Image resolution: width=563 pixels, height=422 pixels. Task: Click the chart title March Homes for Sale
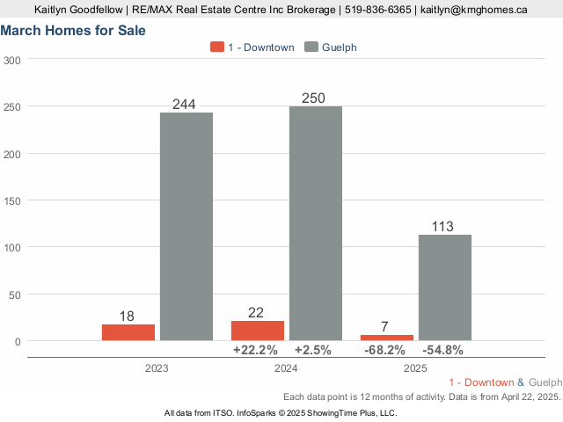coord(74,31)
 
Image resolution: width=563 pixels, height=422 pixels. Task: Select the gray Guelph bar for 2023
coord(186,226)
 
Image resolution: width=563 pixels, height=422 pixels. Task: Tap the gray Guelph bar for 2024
coord(316,223)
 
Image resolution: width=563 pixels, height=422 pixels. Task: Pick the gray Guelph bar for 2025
coord(445,287)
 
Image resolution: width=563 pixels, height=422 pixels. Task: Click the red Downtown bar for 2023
coord(128,332)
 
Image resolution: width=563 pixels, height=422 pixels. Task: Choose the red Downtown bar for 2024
coord(258,331)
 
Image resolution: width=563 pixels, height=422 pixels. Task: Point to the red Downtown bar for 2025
coord(387,338)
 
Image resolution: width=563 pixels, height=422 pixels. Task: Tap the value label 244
coord(184,104)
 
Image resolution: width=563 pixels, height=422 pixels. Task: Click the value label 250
coord(313,98)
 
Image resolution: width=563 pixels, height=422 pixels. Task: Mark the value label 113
coord(442,227)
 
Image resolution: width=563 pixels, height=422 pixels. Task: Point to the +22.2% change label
coord(255,350)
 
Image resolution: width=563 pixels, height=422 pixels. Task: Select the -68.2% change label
coord(385,350)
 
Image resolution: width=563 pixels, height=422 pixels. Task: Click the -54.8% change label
coord(443,350)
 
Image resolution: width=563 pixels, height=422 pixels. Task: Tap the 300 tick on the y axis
coord(12,60)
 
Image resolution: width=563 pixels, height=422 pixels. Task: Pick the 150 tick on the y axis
coord(12,200)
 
